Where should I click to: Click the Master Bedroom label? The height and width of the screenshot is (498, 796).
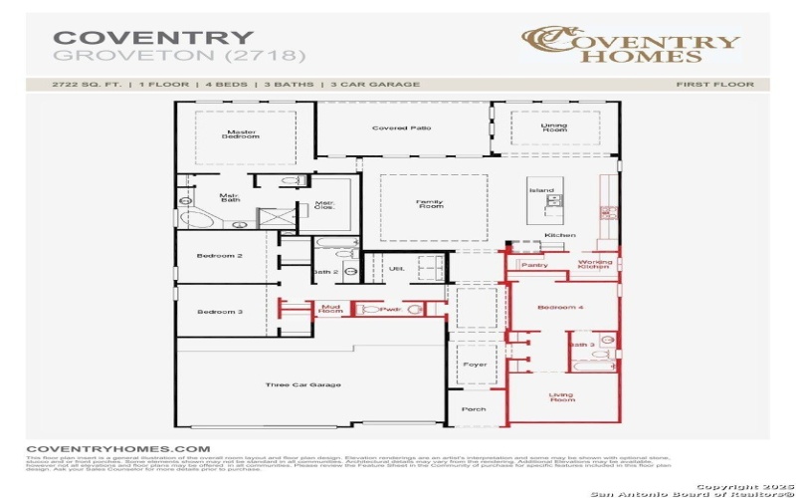coord(242,133)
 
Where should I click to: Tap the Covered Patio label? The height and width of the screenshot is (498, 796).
coord(401,128)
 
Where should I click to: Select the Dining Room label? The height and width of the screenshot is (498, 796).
coord(553,128)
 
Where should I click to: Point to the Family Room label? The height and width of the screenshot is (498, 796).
coord(430,204)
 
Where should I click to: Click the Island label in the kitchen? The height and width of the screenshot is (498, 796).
coord(541,190)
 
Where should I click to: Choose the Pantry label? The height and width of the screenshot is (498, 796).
coord(534,265)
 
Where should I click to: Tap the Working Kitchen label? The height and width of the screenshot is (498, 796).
coord(594,265)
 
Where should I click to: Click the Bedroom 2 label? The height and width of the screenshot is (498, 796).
coord(219,256)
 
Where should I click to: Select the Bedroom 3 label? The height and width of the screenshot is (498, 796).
coord(219,312)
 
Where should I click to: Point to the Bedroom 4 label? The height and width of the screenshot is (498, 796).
coord(560,308)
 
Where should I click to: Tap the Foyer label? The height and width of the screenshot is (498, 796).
coord(476,365)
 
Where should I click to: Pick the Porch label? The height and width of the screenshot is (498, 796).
coord(475,408)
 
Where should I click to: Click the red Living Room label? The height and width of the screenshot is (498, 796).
coord(562,397)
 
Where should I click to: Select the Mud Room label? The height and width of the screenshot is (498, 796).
coord(330,310)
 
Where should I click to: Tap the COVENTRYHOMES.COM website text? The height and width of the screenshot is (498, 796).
coord(117,449)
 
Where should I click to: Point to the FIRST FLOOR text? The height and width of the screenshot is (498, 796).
coord(714,85)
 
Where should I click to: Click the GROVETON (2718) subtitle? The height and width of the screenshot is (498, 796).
coord(179,57)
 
